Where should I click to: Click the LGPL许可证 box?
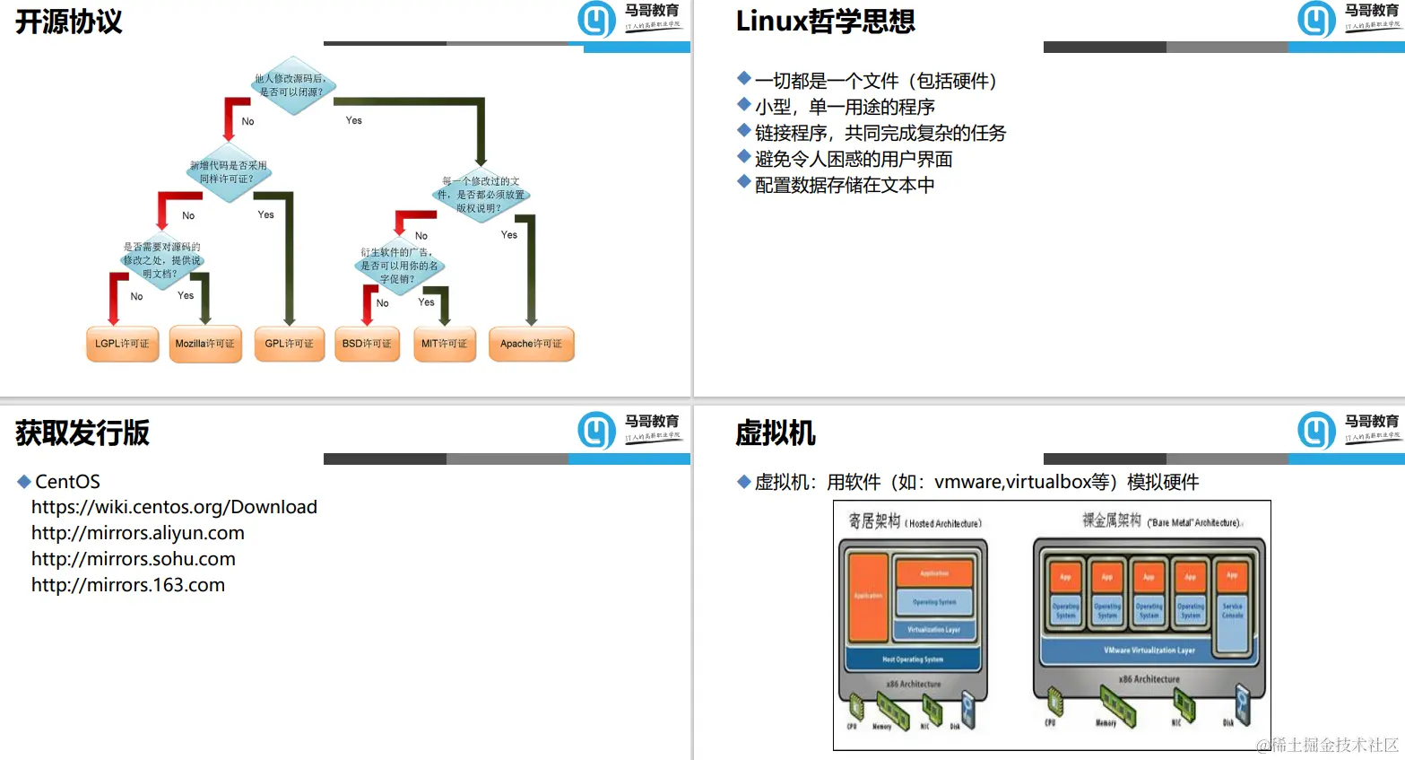pyautogui.click(x=122, y=344)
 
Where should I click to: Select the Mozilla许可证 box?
pyautogui.click(x=205, y=344)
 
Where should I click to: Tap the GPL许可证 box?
pyautogui.click(x=289, y=344)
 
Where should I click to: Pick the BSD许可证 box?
pyautogui.click(x=367, y=344)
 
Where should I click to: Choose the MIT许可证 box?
pyautogui.click(x=445, y=344)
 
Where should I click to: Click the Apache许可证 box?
pyautogui.click(x=531, y=344)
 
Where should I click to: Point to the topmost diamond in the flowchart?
pyautogui.click(x=291, y=85)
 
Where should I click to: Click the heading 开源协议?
pyautogui.click(x=69, y=22)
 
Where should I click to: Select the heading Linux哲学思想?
pyautogui.click(x=825, y=21)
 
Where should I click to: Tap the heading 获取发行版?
pyautogui.click(x=82, y=432)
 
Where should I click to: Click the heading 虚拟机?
pyautogui.click(x=776, y=432)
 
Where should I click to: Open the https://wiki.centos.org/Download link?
pyautogui.click(x=174, y=507)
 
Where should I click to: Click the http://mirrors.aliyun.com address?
pyautogui.click(x=138, y=533)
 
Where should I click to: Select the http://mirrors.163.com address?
pyautogui.click(x=128, y=585)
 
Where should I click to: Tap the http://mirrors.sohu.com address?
pyautogui.click(x=134, y=559)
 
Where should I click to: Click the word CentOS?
pyautogui.click(x=67, y=482)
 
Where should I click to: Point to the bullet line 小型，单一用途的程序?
pyautogui.click(x=845, y=107)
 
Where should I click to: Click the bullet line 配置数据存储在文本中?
pyautogui.click(x=845, y=185)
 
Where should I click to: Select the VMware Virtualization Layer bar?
pyautogui.click(x=1149, y=650)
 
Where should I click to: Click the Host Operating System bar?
pyautogui.click(x=913, y=660)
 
